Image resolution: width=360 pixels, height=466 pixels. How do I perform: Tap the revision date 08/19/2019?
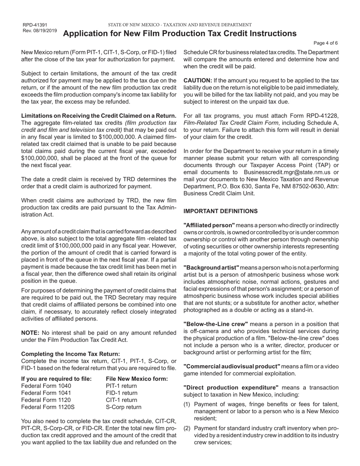tap(45, 30)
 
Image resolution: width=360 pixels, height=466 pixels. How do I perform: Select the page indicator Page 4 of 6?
tap(326, 43)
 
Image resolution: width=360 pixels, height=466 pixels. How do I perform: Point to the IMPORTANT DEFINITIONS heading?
tap(221, 211)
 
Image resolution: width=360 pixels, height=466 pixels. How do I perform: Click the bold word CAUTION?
tap(198, 80)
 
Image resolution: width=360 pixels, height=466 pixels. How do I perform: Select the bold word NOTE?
tap(30, 333)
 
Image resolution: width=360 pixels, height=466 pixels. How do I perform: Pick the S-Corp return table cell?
tap(123, 407)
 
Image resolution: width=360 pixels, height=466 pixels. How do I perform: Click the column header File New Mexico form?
tap(137, 379)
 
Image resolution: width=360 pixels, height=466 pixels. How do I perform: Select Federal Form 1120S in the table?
tap(48, 407)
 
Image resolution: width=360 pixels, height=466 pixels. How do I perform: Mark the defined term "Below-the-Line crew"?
tap(216, 324)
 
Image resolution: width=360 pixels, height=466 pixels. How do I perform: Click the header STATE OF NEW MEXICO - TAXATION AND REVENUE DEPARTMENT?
tap(180, 25)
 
